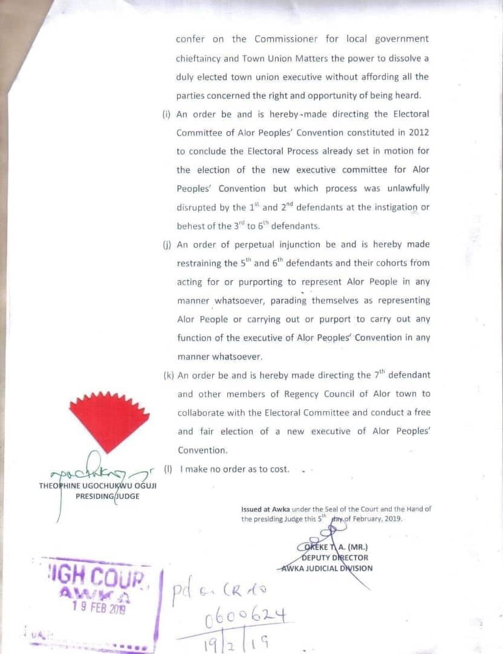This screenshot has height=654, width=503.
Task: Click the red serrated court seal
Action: tap(109, 421)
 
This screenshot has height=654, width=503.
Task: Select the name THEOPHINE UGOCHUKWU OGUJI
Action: tap(97, 486)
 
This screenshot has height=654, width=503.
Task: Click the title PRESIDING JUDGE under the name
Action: tap(107, 496)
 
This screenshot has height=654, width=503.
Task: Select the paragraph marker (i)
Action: tap(167, 114)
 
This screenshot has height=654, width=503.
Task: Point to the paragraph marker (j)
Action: tap(167, 245)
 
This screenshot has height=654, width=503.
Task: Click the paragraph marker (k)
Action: tap(168, 375)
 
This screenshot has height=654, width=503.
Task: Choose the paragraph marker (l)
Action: tap(168, 469)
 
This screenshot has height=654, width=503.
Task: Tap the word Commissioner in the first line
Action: tap(287, 39)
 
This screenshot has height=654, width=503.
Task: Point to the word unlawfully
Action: tap(407, 188)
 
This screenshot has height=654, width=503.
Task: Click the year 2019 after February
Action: tap(391, 519)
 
